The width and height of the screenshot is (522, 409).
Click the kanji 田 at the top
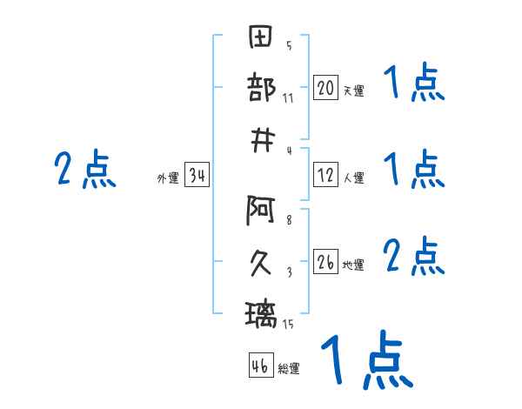click(x=261, y=37)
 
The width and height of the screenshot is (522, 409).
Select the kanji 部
click(x=261, y=87)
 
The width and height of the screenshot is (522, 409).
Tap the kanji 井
click(x=263, y=141)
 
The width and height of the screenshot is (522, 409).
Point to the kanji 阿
click(x=261, y=211)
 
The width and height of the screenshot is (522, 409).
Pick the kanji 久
click(x=261, y=263)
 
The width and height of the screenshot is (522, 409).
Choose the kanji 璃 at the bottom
click(x=261, y=314)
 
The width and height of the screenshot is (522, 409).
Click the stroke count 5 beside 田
click(x=289, y=45)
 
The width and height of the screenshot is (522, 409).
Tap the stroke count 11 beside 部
click(x=288, y=98)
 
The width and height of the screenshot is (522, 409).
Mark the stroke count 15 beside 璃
click(x=288, y=324)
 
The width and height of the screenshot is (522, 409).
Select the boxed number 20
click(x=325, y=87)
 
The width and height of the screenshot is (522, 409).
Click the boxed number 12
click(x=325, y=175)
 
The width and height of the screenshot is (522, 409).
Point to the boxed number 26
click(x=325, y=261)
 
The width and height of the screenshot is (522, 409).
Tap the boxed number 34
click(x=197, y=175)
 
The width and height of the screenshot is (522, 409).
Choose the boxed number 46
click(x=261, y=365)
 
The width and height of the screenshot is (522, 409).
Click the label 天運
click(x=354, y=91)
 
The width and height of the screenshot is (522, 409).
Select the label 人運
click(x=354, y=178)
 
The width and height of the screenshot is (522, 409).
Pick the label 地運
click(x=353, y=265)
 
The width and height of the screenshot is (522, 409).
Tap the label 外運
click(x=168, y=178)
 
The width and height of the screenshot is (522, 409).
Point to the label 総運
click(x=289, y=368)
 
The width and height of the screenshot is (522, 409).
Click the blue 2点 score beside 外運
click(x=85, y=169)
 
